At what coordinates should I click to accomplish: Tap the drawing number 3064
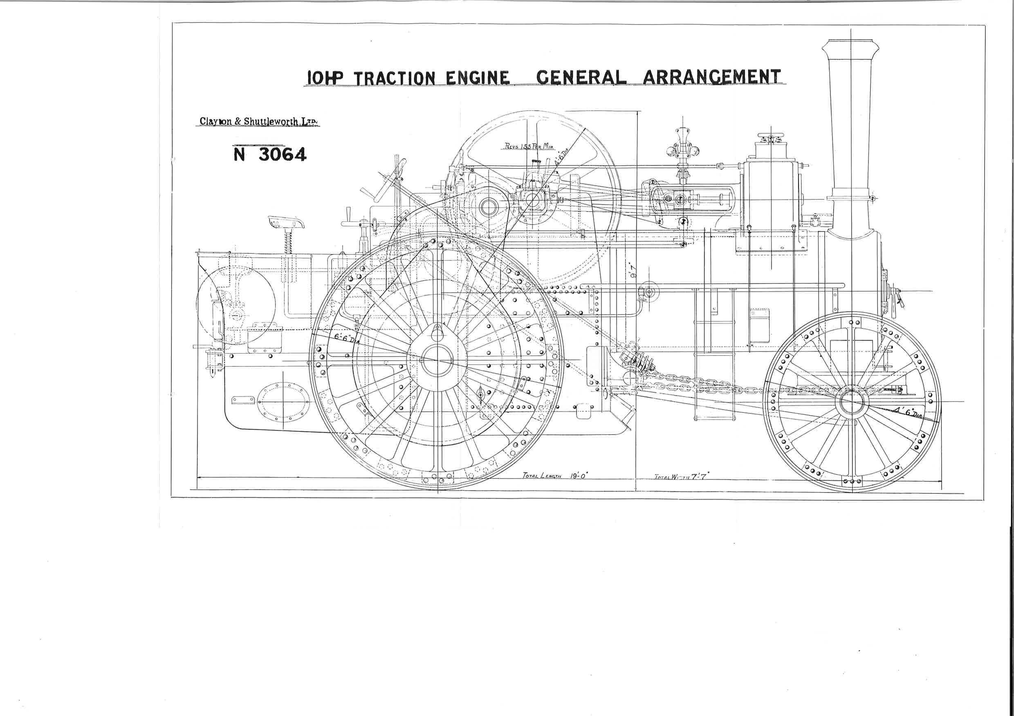click(x=281, y=154)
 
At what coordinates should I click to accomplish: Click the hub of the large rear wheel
click(x=437, y=360)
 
